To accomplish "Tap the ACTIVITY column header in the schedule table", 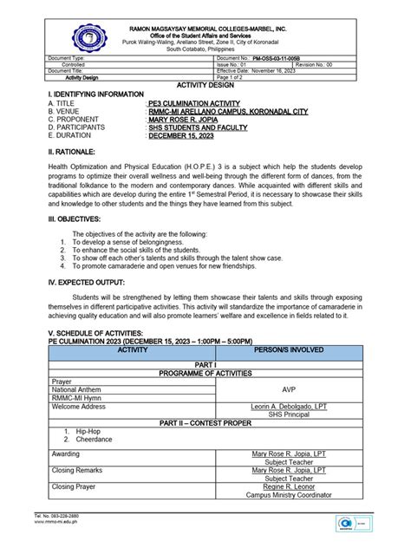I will point(131,350).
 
